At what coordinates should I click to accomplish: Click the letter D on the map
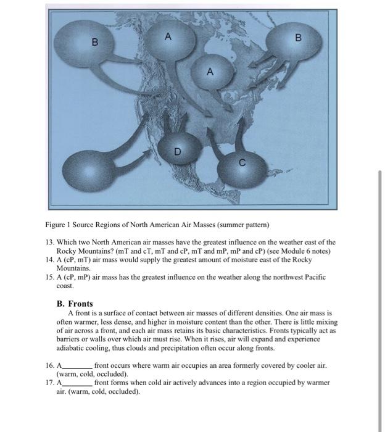[177, 150]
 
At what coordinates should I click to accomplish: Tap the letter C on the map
[242, 163]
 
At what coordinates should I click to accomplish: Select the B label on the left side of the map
[94, 42]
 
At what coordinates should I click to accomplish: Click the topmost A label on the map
[167, 36]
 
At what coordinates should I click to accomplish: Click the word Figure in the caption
[56, 223]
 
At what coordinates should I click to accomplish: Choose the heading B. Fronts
[74, 304]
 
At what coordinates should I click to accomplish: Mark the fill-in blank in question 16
[77, 366]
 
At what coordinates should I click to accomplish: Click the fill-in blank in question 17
[77, 383]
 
